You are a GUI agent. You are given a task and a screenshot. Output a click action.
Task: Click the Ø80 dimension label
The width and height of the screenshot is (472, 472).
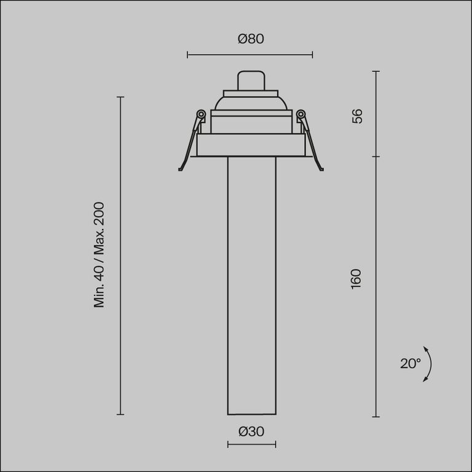coord(250,39)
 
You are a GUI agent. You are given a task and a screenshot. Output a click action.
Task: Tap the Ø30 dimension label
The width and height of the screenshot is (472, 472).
coord(251,431)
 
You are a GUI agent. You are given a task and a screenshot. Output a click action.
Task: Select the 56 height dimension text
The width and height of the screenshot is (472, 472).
coord(357,116)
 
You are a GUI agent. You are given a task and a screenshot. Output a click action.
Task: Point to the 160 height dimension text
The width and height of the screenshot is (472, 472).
coord(356,280)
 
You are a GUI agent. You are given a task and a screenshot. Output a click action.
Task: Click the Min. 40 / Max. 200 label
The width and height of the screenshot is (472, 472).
coord(100,254)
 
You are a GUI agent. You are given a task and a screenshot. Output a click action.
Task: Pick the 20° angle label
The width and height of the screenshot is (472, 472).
coord(410,363)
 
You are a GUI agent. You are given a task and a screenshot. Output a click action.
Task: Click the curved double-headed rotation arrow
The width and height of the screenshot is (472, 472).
coord(428,364)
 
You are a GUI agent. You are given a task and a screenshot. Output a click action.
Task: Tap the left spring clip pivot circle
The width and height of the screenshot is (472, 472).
coord(200,114)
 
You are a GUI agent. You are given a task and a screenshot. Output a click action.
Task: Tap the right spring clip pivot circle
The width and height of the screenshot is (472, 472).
coord(301,114)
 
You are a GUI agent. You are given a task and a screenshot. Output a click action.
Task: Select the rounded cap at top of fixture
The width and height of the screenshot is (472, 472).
coord(251,81)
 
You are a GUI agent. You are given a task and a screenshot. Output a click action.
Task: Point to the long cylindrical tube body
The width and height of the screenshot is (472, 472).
coord(251,283)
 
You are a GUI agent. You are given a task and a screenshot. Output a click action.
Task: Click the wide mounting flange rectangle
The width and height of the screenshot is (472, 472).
coord(251,145)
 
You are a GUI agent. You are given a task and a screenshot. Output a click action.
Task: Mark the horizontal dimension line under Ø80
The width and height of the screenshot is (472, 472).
coord(250,55)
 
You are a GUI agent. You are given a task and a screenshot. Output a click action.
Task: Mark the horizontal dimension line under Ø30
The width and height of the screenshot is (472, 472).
coord(251,444)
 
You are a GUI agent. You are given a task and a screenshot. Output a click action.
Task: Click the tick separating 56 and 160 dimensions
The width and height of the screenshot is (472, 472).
coord(376,156)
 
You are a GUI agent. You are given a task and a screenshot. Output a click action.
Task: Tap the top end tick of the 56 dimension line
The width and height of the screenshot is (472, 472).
coord(376,71)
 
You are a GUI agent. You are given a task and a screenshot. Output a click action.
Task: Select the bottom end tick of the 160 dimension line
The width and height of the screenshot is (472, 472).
coord(376,417)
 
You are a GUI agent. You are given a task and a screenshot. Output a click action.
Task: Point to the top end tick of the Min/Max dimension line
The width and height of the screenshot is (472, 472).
coord(120,97)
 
